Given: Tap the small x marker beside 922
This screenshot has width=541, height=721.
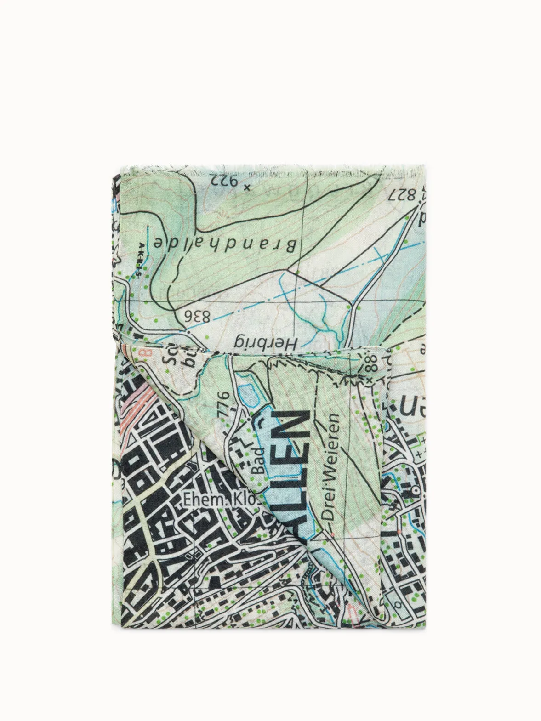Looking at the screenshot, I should (x=247, y=187).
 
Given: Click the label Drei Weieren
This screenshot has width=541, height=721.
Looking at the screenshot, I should (x=332, y=466).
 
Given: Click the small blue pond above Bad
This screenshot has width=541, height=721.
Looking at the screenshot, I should (x=251, y=394).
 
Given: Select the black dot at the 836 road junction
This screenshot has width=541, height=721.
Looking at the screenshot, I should (x=189, y=330).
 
